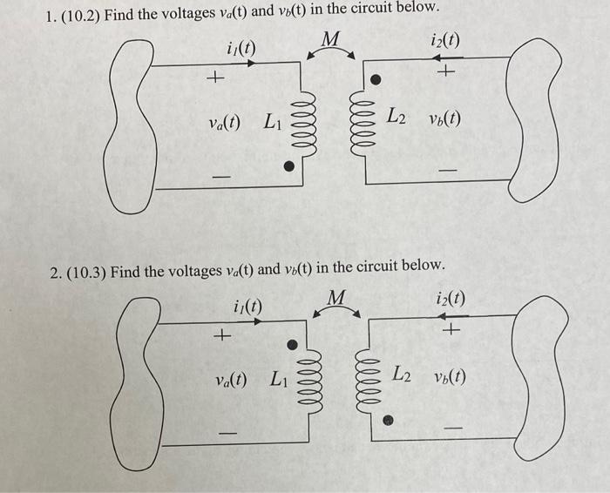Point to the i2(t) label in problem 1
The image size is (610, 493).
click(445, 41)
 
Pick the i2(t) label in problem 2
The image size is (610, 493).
click(450, 299)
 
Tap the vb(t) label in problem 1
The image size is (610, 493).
click(444, 118)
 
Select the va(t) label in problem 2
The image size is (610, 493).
click(231, 380)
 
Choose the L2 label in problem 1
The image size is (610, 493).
click(396, 115)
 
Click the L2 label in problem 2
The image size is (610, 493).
click(403, 375)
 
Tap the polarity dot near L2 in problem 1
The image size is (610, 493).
click(376, 79)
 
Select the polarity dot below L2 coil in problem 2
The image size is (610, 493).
click(389, 420)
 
